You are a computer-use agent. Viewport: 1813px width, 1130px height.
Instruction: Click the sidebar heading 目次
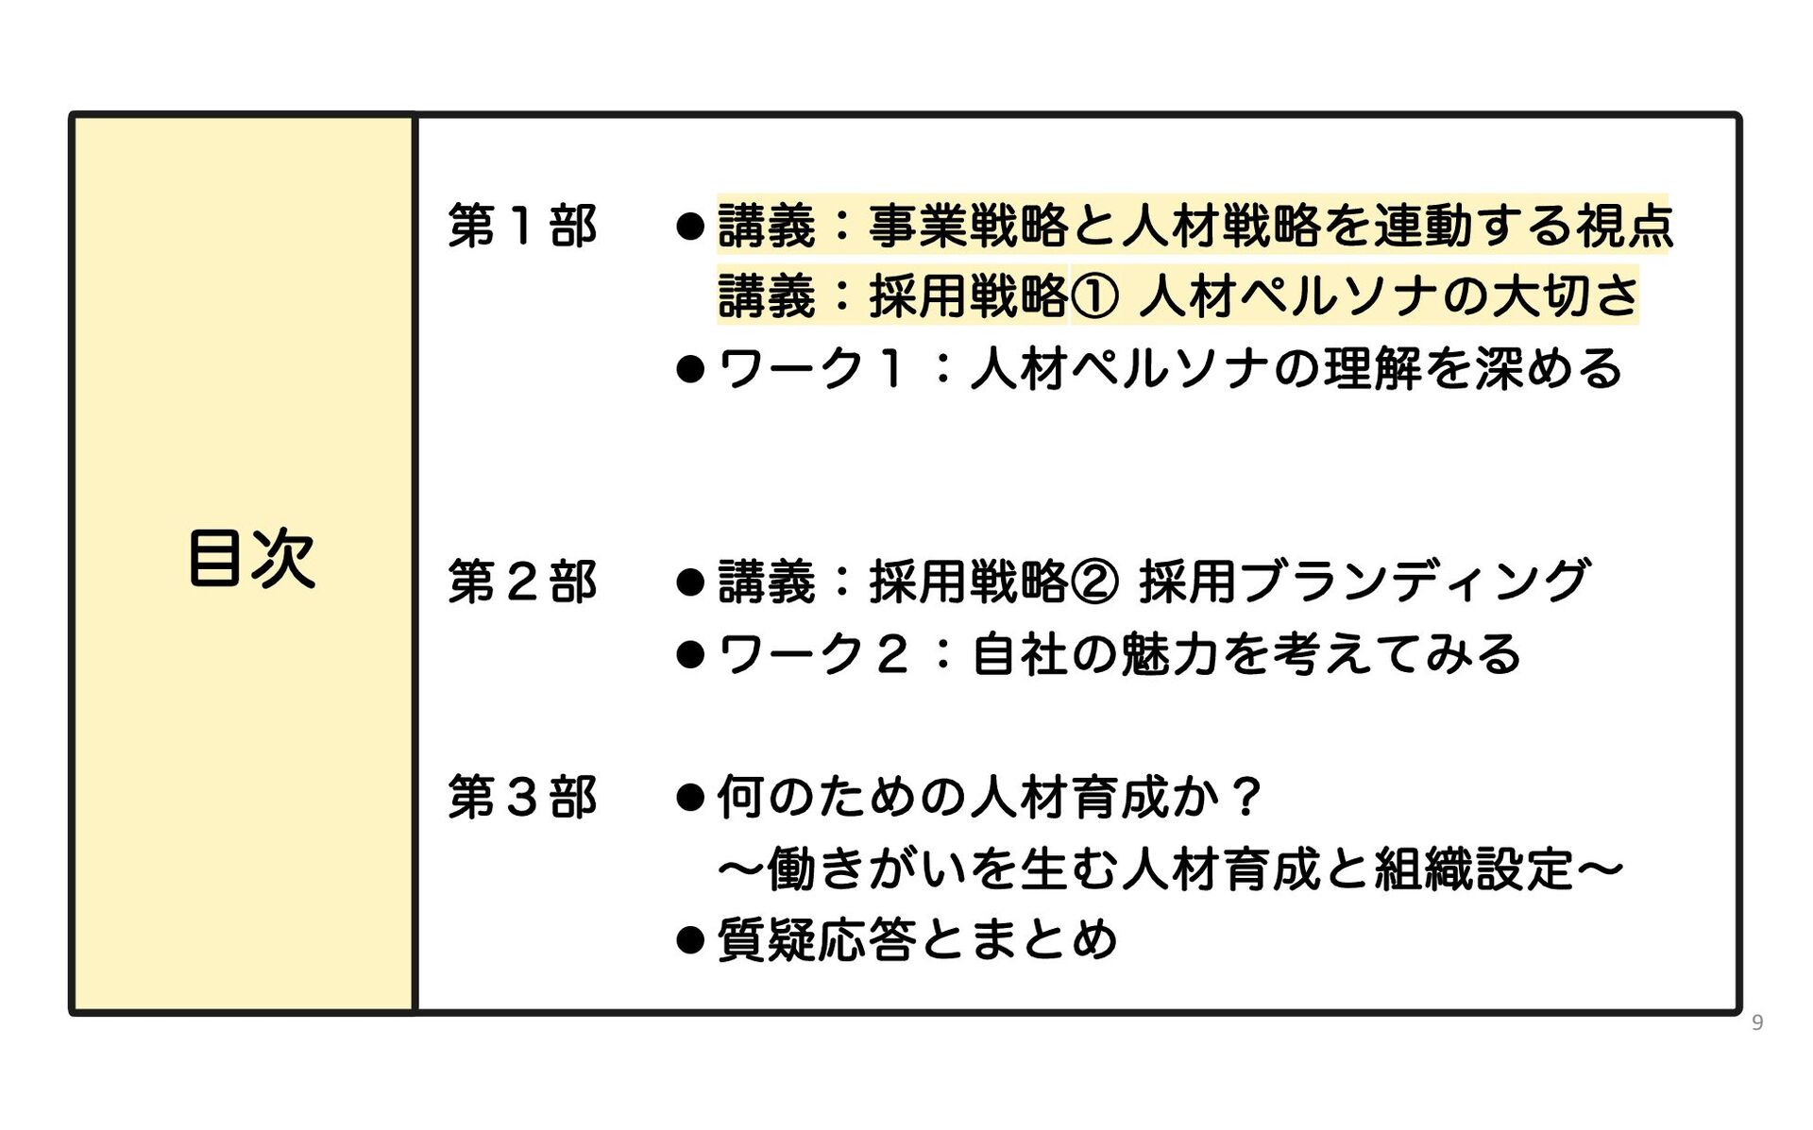(x=251, y=559)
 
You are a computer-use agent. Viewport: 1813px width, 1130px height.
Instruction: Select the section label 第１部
(x=522, y=227)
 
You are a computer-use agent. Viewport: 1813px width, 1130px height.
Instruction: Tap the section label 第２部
(x=522, y=582)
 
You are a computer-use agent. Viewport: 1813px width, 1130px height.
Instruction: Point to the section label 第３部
(x=522, y=798)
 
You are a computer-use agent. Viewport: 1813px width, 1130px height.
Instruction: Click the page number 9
(x=1756, y=1022)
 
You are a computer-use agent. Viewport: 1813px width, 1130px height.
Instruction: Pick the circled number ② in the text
(x=1094, y=582)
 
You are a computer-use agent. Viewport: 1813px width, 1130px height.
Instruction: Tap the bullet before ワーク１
(x=690, y=369)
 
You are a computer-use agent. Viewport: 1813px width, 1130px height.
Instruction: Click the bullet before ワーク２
(x=690, y=654)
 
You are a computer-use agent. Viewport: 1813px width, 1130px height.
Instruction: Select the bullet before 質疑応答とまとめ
(x=690, y=940)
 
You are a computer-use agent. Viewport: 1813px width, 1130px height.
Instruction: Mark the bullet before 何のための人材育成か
(x=690, y=799)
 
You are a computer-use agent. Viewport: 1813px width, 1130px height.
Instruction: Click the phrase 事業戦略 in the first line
(x=969, y=227)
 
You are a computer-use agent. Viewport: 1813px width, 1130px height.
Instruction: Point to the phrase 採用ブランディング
(x=1364, y=582)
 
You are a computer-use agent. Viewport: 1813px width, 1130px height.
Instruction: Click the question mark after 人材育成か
(x=1246, y=799)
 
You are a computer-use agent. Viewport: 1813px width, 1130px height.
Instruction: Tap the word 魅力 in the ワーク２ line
(x=1171, y=654)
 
